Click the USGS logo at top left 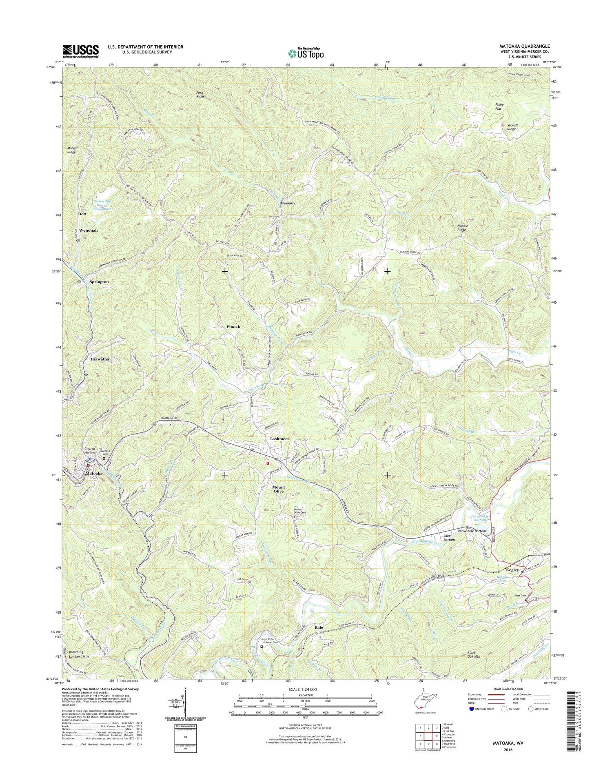point(80,51)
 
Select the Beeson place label point(288,203)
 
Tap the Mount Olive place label point(279,489)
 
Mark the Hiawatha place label point(100,359)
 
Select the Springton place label point(99,282)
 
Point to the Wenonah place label point(89,230)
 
